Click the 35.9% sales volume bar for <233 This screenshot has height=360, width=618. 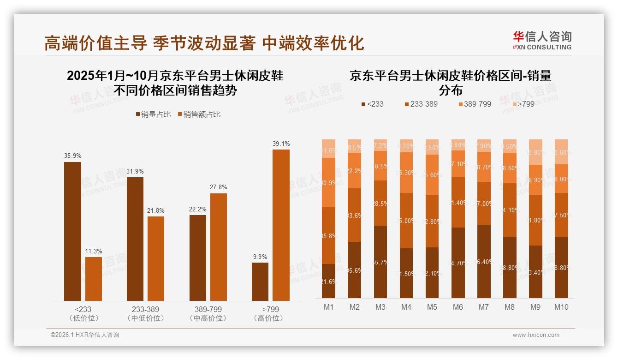click(x=72, y=231)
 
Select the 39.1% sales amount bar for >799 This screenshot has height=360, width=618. click(x=281, y=225)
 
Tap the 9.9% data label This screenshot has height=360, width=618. click(x=260, y=257)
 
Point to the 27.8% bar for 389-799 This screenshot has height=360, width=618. click(x=218, y=247)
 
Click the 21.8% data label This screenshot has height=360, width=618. click(x=156, y=211)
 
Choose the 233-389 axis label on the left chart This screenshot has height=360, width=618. click(x=145, y=310)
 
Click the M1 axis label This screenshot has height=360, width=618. click(x=328, y=307)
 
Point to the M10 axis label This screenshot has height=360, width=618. click(x=561, y=307)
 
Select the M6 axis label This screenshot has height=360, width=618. click(x=458, y=307)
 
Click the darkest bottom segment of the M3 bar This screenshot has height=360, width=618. click(x=380, y=262)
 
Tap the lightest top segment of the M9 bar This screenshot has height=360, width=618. click(x=535, y=152)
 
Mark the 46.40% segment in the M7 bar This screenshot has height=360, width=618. click(x=483, y=261)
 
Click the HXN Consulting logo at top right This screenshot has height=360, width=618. click(x=542, y=40)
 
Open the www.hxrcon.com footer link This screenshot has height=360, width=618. click(x=535, y=335)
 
